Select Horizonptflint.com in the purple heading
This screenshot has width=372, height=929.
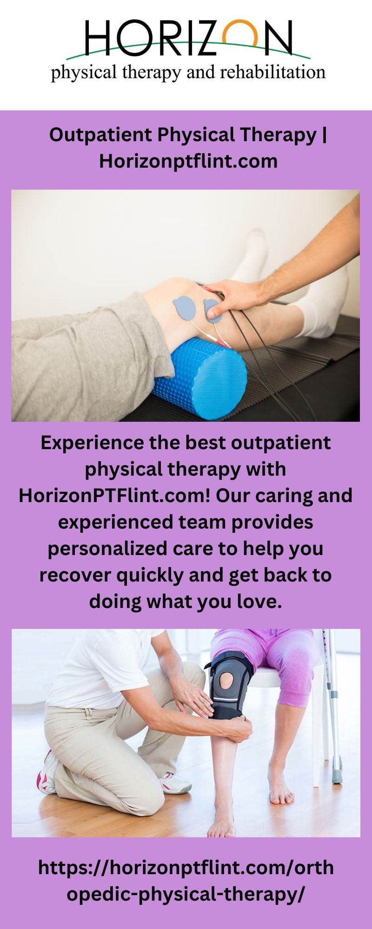[x=188, y=161]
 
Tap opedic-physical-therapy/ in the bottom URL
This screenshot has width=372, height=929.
[x=186, y=894]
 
